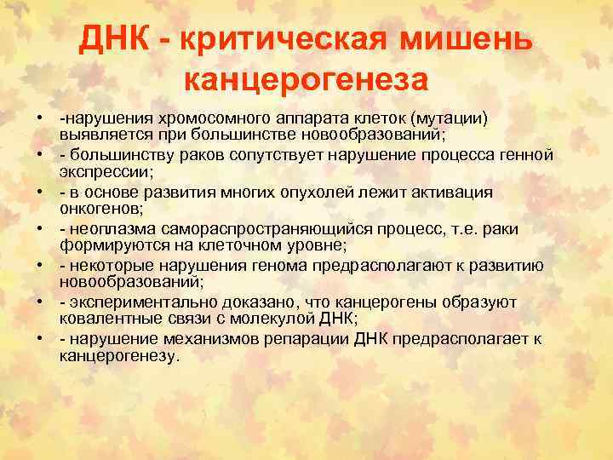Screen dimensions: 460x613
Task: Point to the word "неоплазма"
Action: [109, 229]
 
